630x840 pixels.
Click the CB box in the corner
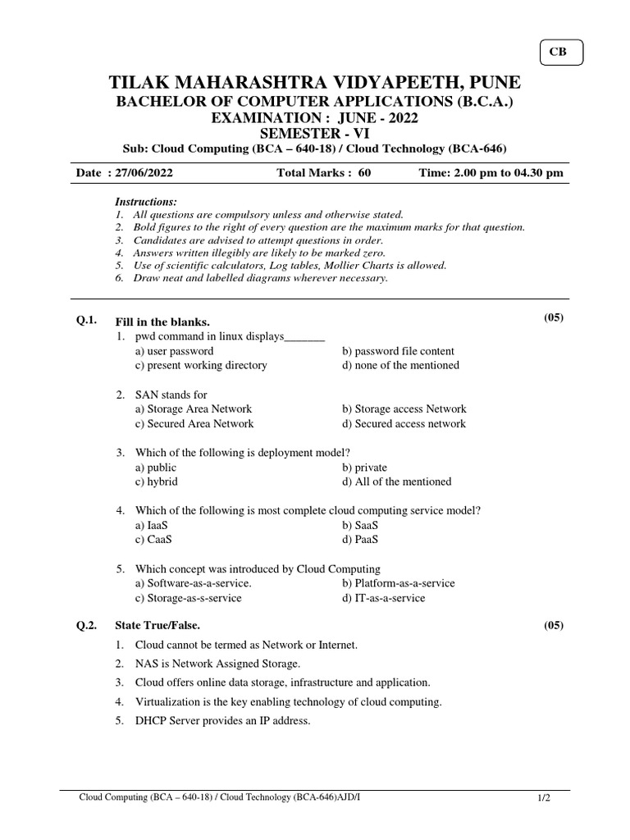click(561, 53)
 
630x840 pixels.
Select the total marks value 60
click(364, 174)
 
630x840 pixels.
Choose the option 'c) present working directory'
click(201, 365)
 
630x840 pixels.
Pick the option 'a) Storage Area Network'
click(194, 409)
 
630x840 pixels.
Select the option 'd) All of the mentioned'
click(397, 482)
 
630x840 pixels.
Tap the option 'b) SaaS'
click(361, 525)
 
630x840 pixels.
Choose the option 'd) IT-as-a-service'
click(384, 598)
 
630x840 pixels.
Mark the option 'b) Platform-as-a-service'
click(399, 583)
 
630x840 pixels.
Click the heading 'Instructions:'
click(146, 202)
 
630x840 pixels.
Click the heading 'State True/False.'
click(157, 625)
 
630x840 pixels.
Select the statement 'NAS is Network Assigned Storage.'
click(217, 664)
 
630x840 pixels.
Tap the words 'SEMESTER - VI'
click(315, 133)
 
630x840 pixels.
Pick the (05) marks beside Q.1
click(554, 317)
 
